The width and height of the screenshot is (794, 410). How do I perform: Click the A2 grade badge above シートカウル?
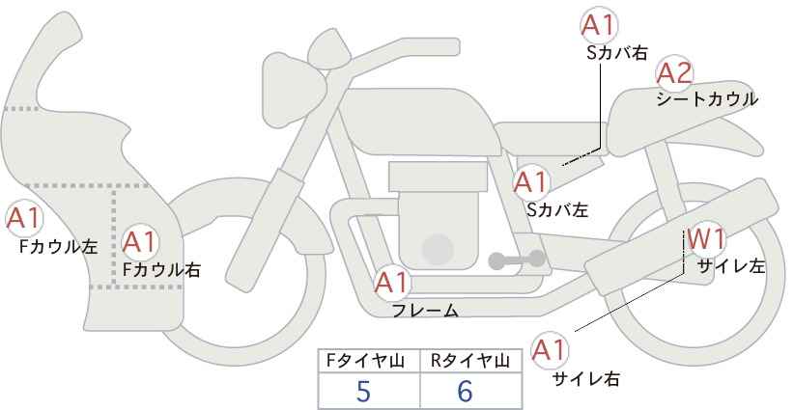point(674,73)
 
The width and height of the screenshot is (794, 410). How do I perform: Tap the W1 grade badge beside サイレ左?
point(706,238)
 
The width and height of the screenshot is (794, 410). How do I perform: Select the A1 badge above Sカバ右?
point(599,25)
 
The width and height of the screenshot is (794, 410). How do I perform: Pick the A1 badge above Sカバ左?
point(530,182)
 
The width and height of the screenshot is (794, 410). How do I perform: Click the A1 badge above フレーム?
point(391,283)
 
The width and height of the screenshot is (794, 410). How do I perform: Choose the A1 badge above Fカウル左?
point(24,218)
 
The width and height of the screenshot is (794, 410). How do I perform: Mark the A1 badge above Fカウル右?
point(140,242)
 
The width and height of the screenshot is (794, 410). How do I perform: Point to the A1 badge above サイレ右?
point(550,350)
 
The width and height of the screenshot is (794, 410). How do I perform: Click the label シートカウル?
point(707,99)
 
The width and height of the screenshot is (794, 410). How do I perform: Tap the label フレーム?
point(425,311)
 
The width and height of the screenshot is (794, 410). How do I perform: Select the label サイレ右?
point(585,379)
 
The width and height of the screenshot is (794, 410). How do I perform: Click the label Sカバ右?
point(617,54)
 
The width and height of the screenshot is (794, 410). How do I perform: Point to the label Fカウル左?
point(59,246)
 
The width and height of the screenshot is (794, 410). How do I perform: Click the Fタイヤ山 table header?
point(365,361)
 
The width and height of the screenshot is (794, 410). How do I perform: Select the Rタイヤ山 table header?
point(470,361)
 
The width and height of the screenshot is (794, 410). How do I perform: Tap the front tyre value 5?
point(363,391)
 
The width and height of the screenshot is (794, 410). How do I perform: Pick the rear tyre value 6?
point(465,391)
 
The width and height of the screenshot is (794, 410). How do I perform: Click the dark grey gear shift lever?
point(517,260)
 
